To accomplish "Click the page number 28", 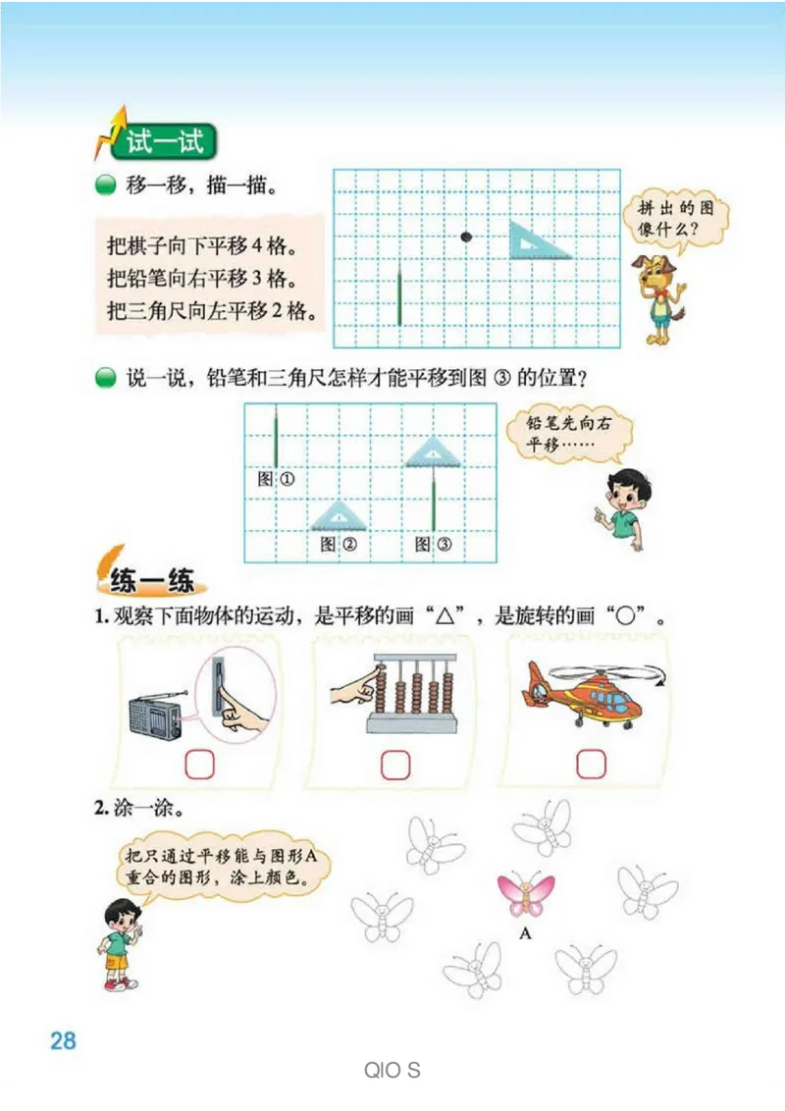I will [63, 1040].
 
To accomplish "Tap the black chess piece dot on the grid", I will [466, 236].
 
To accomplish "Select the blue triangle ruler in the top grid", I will [537, 240].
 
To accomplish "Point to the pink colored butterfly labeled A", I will [526, 894].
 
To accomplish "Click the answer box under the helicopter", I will [591, 764].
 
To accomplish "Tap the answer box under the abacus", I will [394, 764].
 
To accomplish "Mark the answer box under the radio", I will [199, 764].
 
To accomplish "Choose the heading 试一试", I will [162, 142].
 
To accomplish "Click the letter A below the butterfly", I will [525, 933].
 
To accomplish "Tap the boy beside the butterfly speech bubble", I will [120, 942].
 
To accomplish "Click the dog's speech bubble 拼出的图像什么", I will [675, 219].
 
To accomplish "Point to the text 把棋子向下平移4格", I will [202, 242].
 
